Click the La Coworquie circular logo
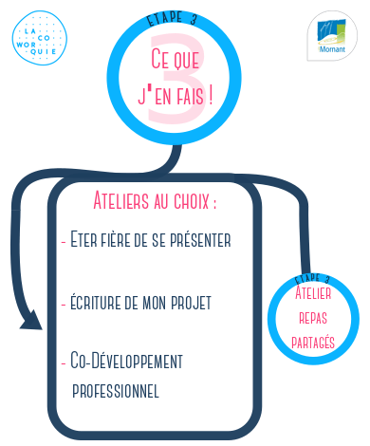coord(40,38)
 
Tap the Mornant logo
coord(332,36)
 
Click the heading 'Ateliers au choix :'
coord(155,200)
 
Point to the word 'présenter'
coord(200,240)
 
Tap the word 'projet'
coord(191,303)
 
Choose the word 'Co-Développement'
coord(126,361)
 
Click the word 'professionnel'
coord(116,391)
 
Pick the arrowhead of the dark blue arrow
coord(32,321)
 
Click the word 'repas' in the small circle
coord(313,318)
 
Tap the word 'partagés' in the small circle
coord(313,342)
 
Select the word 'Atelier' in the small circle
coord(313,292)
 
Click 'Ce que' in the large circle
coord(175,59)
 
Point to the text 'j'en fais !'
coord(176,95)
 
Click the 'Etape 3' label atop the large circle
coord(172,18)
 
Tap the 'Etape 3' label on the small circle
coord(312,278)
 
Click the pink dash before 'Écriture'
coord(64,304)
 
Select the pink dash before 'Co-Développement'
coord(64,363)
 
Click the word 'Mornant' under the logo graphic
coord(332,49)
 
